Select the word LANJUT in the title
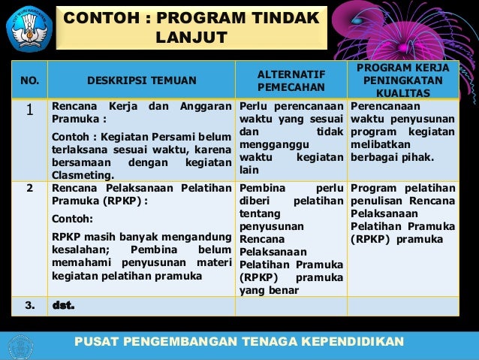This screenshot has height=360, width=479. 191,38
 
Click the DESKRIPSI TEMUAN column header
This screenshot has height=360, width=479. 142,80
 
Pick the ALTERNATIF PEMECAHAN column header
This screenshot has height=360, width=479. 291,80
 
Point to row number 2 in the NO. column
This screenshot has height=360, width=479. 30,188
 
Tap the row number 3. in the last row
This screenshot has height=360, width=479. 30,306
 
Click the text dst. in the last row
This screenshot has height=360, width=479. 64,306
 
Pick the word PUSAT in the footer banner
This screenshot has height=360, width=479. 95,342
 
